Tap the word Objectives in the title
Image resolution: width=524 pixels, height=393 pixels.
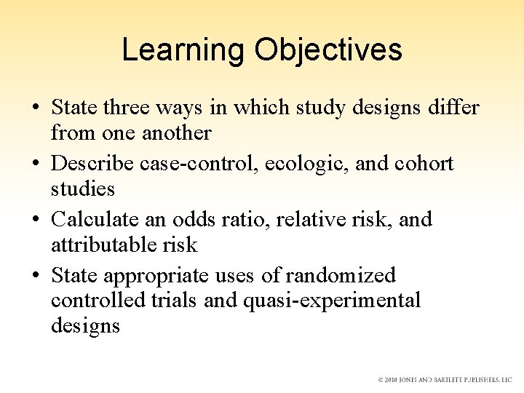click(x=327, y=50)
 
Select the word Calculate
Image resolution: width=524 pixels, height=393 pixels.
click(x=97, y=219)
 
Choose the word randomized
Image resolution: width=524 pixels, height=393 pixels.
click(x=341, y=275)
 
